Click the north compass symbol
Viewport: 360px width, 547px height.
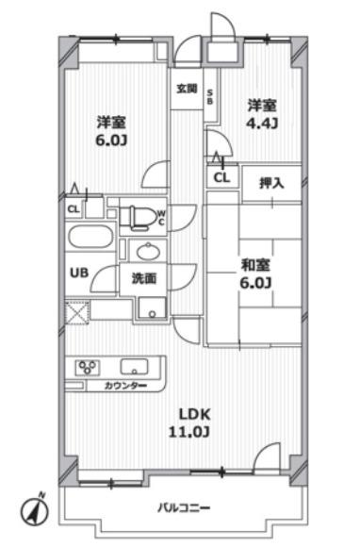tap(34, 511)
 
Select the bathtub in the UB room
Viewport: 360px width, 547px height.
tap(90, 237)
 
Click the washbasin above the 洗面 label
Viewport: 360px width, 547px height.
tap(148, 251)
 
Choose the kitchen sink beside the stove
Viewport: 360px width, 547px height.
tap(134, 367)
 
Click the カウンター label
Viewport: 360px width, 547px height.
tap(125, 386)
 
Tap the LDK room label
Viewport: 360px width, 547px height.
tap(194, 414)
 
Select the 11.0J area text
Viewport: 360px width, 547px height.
tap(189, 432)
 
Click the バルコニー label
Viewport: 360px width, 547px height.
tap(185, 507)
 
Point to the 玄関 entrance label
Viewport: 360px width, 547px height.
tap(187, 89)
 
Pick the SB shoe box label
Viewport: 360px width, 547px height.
tap(210, 97)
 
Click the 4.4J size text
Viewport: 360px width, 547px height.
tap(262, 124)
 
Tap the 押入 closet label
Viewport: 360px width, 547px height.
tap(271, 183)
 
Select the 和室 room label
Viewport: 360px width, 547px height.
tap(255, 265)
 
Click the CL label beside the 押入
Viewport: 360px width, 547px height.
tap(222, 178)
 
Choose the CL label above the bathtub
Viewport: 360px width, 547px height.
tap(74, 209)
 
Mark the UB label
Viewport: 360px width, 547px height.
tap(79, 273)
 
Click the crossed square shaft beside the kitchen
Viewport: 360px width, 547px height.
tap(77, 312)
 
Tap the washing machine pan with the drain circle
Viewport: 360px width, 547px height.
tap(153, 307)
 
